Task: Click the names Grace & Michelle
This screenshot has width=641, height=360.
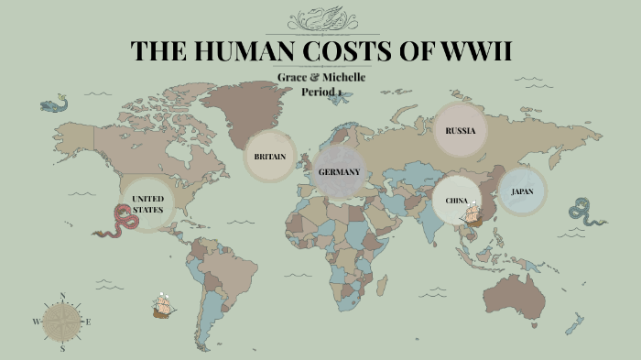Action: pos(320,77)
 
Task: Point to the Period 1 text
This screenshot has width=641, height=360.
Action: pos(321,91)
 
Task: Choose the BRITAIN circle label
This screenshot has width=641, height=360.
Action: pos(270,157)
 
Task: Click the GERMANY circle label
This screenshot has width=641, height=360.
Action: pos(339,172)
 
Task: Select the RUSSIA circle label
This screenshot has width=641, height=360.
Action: pos(461,130)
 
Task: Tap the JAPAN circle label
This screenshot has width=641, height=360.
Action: pos(522,191)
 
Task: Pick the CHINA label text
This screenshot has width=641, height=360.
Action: pos(456,201)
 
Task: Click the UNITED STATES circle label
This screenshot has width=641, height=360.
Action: pos(147,203)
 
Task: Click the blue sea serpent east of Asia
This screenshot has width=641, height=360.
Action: pos(586,212)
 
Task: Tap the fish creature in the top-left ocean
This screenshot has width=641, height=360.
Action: pos(54,104)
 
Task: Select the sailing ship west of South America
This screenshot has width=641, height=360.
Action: pos(163,305)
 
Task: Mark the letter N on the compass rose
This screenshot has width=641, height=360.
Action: pos(62,296)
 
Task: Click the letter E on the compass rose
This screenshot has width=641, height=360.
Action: pos(88,322)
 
